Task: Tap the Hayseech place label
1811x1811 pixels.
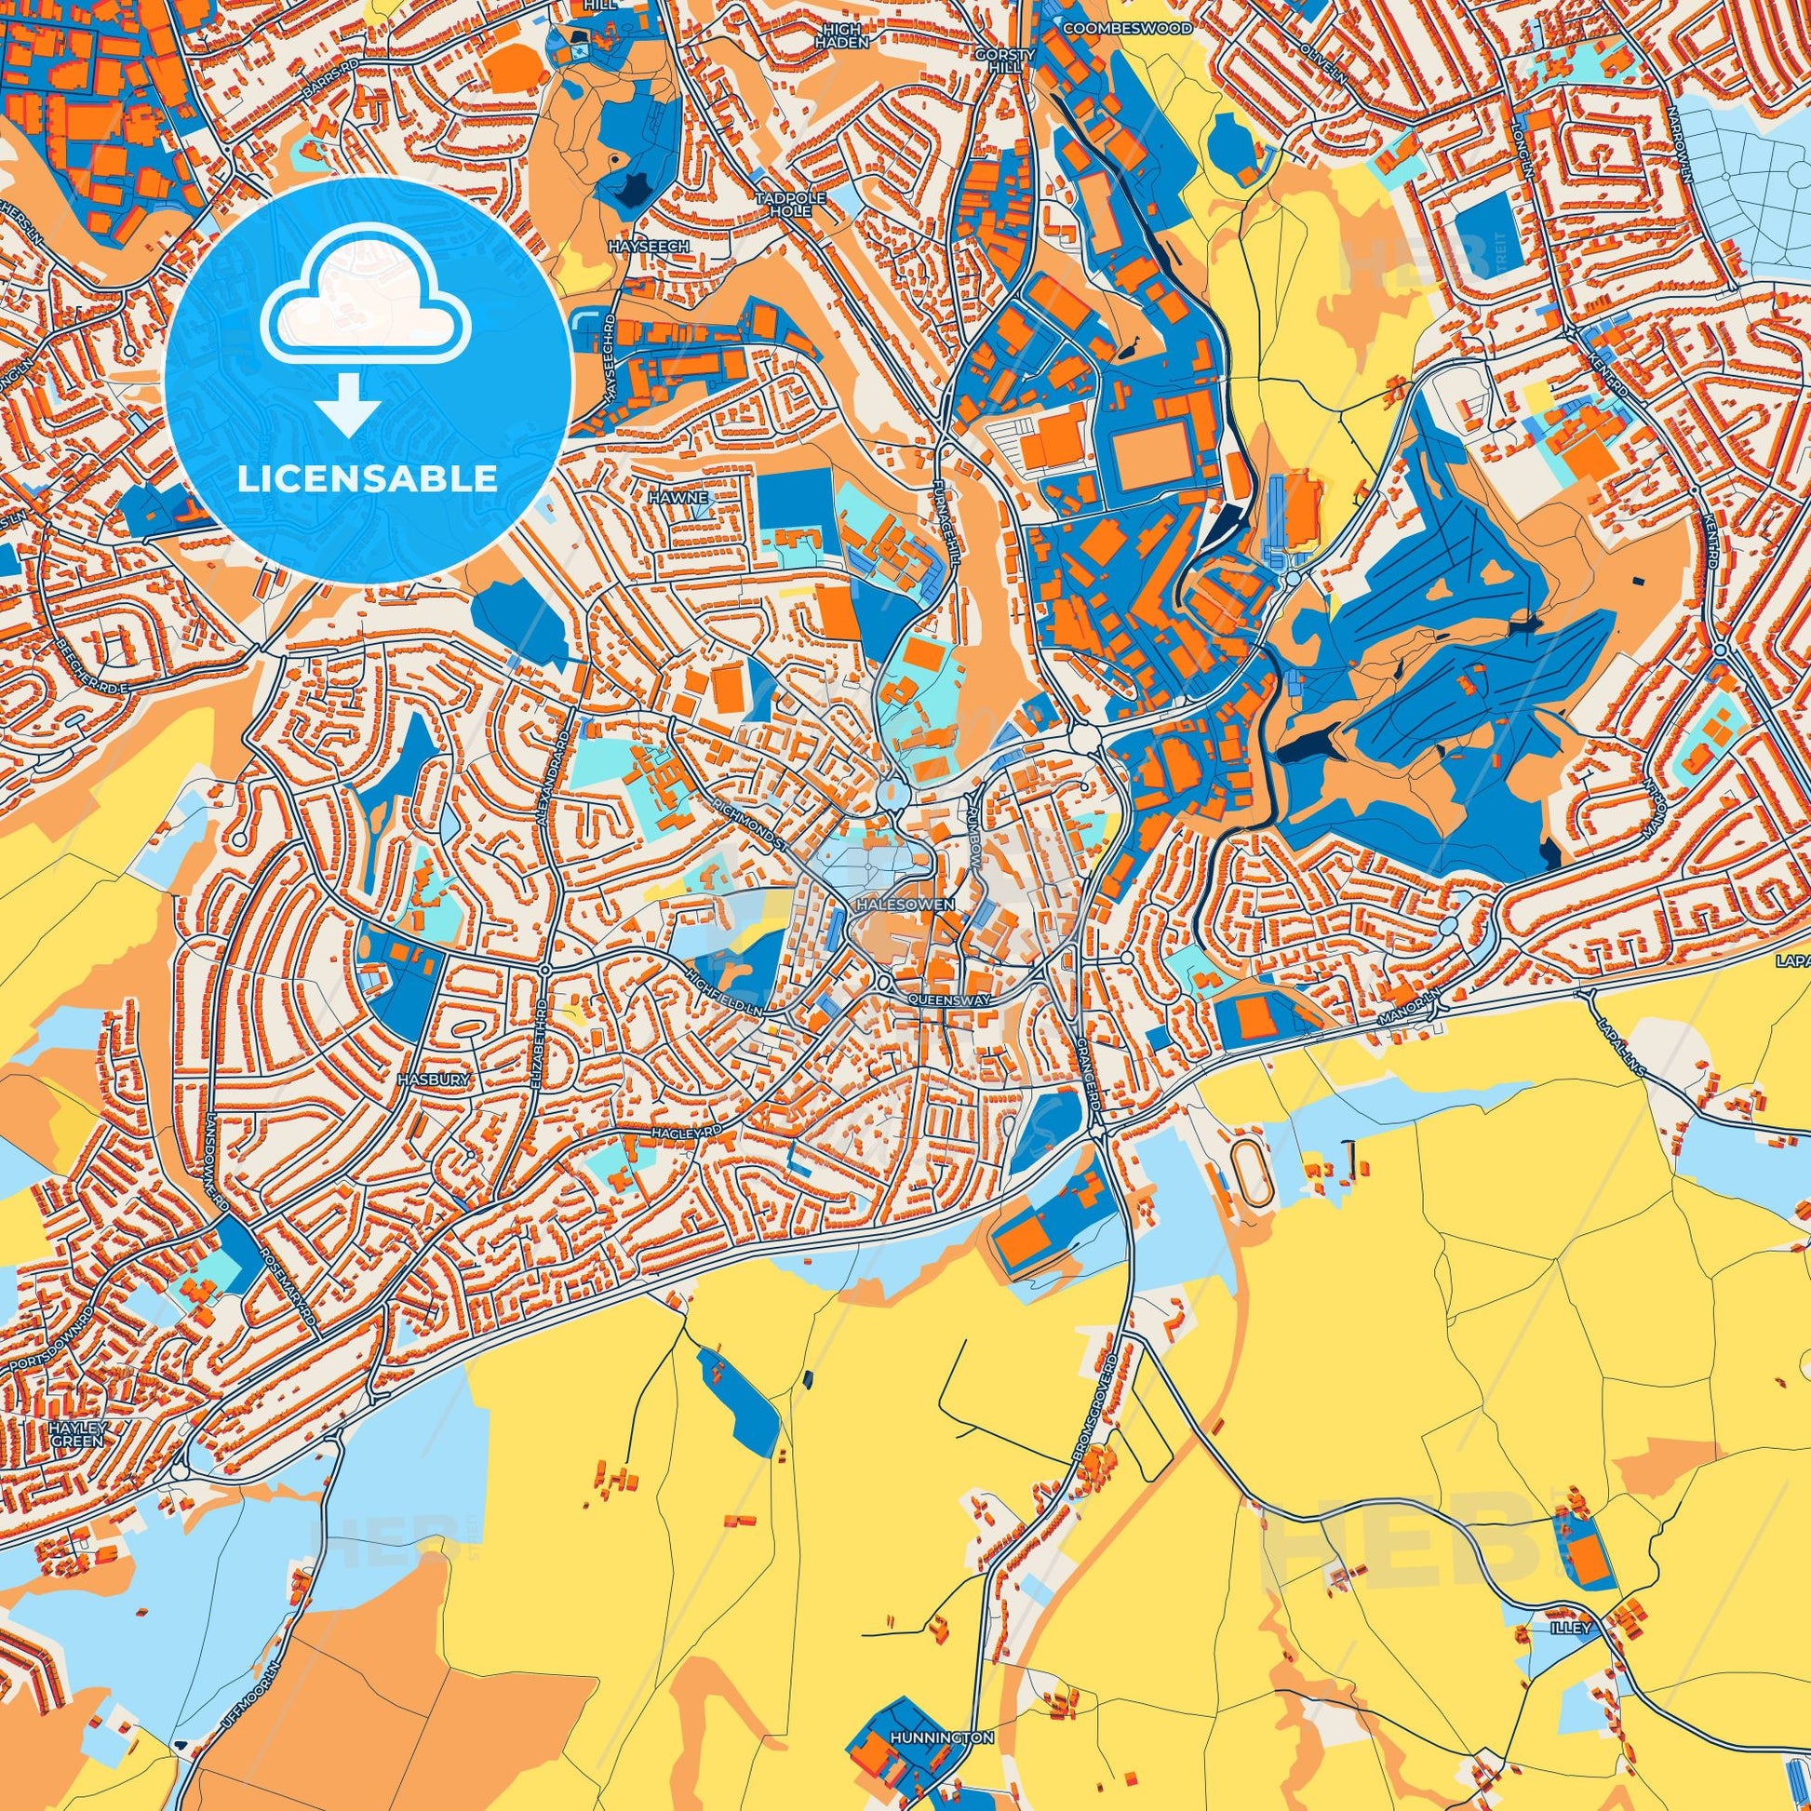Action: coord(649,246)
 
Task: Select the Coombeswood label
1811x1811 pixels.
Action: coord(1128,29)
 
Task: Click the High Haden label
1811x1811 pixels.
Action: coord(844,35)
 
